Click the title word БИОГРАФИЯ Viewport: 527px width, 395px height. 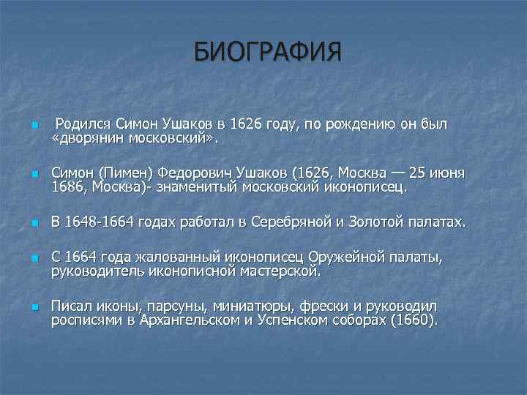coord(268,53)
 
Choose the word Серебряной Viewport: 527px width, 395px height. coord(288,222)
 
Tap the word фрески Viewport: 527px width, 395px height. coord(322,306)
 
